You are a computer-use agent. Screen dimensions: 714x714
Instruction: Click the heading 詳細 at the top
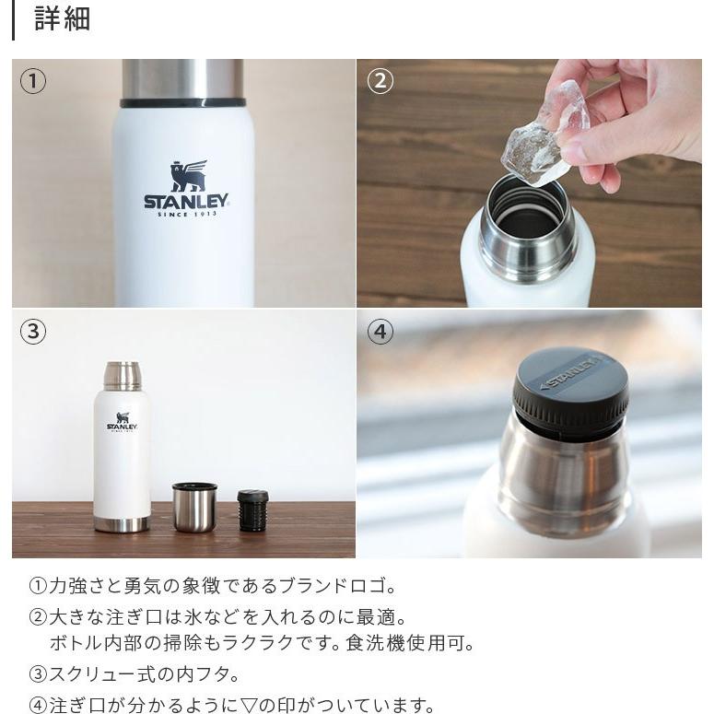62,19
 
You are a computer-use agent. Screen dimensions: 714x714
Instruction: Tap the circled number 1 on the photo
33,81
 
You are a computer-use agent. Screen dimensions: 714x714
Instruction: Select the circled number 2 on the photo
380,81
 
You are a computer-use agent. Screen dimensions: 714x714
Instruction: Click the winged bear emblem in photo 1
187,176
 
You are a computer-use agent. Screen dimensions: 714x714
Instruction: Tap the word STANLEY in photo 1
185,202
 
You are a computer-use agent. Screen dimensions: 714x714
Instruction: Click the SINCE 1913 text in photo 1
185,216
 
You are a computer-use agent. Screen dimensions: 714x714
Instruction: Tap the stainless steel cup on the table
194,507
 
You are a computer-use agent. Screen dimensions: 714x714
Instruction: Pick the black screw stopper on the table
252,510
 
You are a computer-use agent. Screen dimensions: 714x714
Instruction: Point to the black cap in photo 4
570,391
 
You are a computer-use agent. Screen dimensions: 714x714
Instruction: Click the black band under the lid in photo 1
182,102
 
